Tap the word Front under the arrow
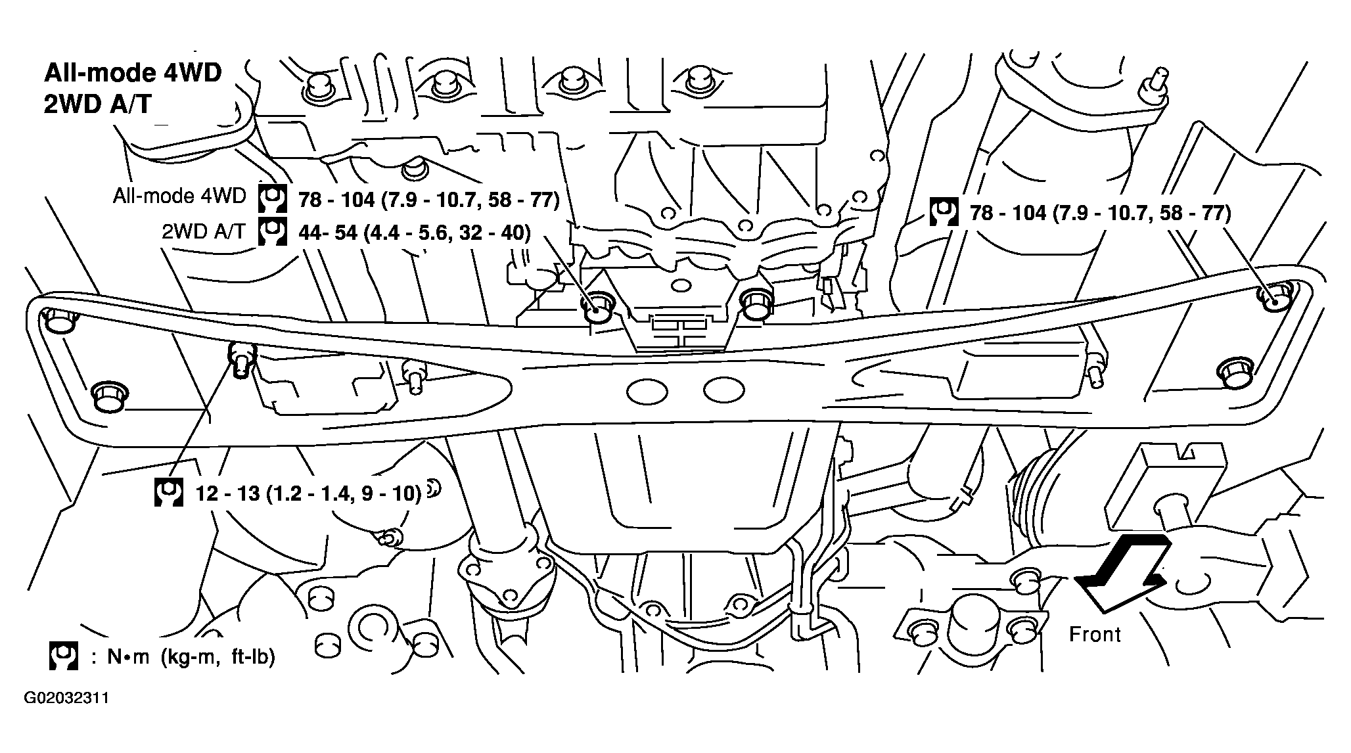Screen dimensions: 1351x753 (1095, 634)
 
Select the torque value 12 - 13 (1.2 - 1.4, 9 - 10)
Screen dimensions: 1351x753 (308, 493)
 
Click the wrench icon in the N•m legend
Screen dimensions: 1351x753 (64, 656)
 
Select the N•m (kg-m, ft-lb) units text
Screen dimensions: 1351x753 (191, 656)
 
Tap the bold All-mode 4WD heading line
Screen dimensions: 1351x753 (133, 73)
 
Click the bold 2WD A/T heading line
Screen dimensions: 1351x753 (98, 105)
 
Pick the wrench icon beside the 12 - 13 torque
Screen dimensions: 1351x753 (168, 493)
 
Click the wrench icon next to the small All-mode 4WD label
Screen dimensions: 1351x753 (272, 197)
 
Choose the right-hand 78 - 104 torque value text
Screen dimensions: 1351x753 (1101, 213)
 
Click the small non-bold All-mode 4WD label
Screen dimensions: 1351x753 (179, 196)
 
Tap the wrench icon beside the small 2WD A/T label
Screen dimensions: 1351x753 (272, 232)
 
